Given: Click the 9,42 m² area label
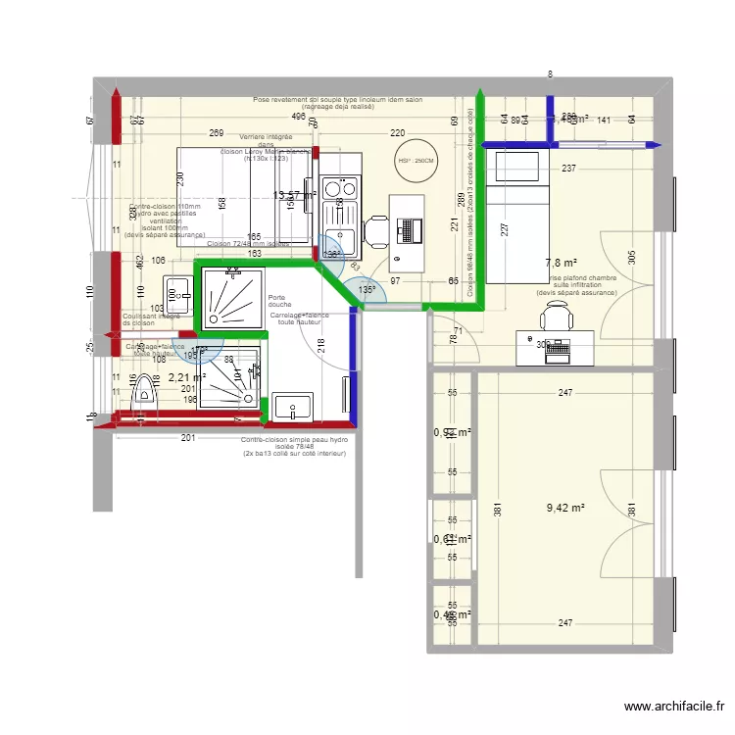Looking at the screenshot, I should point(565,508).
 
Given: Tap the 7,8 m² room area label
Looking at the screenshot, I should point(561,263).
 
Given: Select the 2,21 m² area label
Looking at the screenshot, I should point(186,376).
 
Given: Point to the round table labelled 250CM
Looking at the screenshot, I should point(416,161).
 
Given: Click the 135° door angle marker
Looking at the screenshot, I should point(366,290).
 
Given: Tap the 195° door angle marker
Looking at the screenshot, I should point(190,356).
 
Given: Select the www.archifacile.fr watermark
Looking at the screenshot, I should point(675,706).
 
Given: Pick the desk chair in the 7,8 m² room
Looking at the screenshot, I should point(557,317).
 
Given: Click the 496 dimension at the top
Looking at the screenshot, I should point(299,116).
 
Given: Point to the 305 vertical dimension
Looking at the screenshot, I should point(633,258).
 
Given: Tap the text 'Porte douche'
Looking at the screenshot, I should point(277,301).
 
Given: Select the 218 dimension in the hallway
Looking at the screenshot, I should point(319,345).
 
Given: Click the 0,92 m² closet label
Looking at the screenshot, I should point(453,432).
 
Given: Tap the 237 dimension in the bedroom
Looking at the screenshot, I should point(568,169).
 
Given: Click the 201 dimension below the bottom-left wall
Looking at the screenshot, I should point(186,438).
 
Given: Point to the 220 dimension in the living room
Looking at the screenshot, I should point(397,133).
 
